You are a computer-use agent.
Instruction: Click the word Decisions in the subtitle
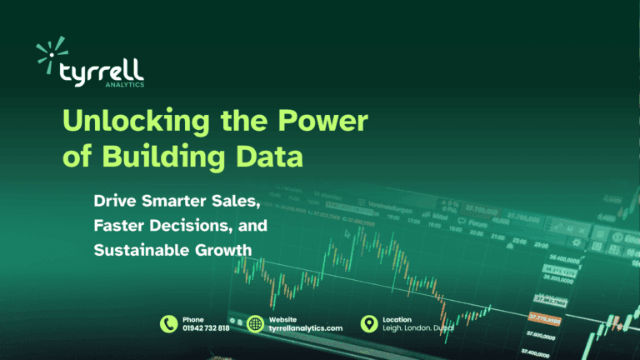194,225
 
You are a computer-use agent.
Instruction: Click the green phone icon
169,324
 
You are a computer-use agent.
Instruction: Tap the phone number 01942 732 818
206,329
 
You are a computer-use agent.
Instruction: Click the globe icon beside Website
256,324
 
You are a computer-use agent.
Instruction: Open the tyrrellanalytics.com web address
306,329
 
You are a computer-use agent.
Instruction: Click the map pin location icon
367,324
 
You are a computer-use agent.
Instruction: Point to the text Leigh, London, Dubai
417,329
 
